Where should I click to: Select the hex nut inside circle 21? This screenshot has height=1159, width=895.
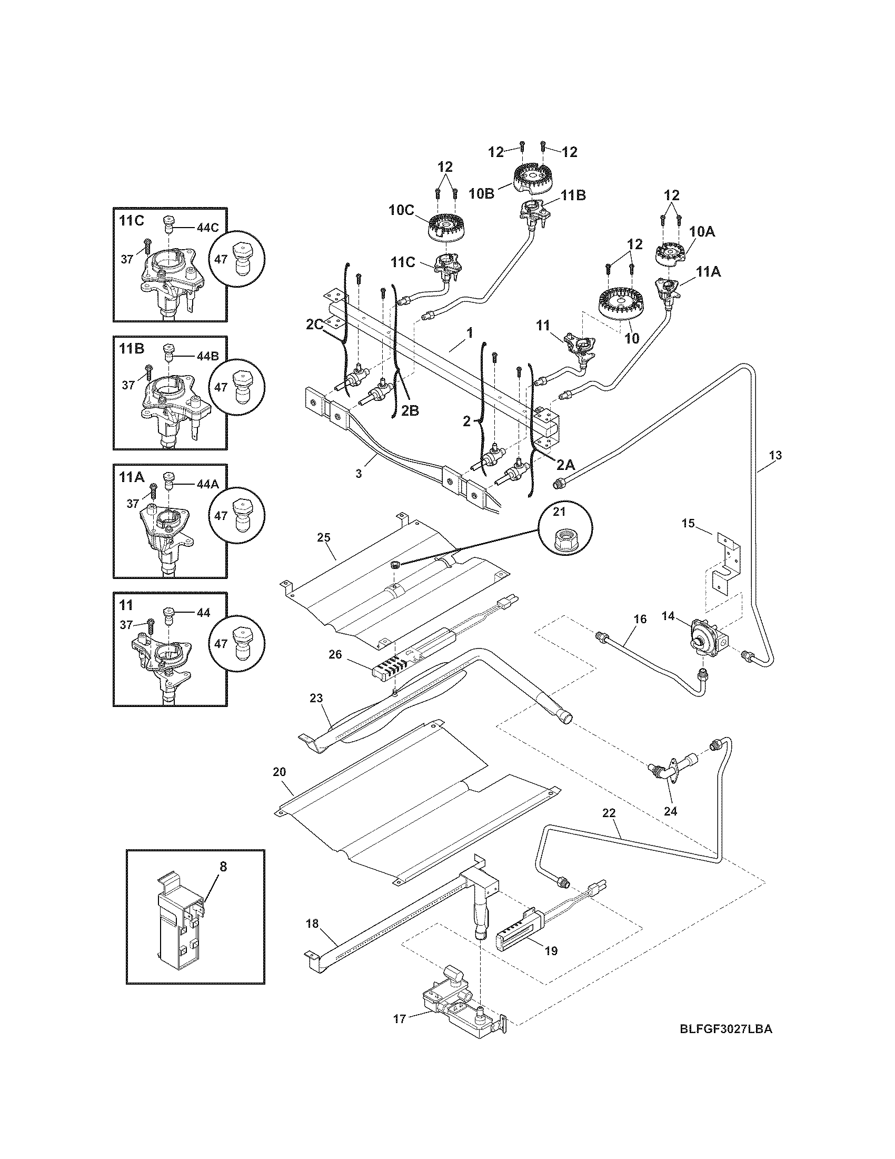pyautogui.click(x=565, y=540)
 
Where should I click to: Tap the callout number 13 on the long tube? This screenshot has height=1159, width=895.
pyautogui.click(x=774, y=455)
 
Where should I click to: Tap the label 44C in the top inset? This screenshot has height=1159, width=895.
pyautogui.click(x=208, y=227)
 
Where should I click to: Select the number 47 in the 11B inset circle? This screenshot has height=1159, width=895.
pyautogui.click(x=221, y=387)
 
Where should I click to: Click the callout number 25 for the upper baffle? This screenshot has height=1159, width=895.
pyautogui.click(x=324, y=537)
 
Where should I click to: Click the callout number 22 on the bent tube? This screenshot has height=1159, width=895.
pyautogui.click(x=609, y=827)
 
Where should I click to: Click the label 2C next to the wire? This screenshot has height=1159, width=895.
pyautogui.click(x=314, y=325)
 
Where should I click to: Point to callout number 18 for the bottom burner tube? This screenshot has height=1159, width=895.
pyautogui.click(x=312, y=924)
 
